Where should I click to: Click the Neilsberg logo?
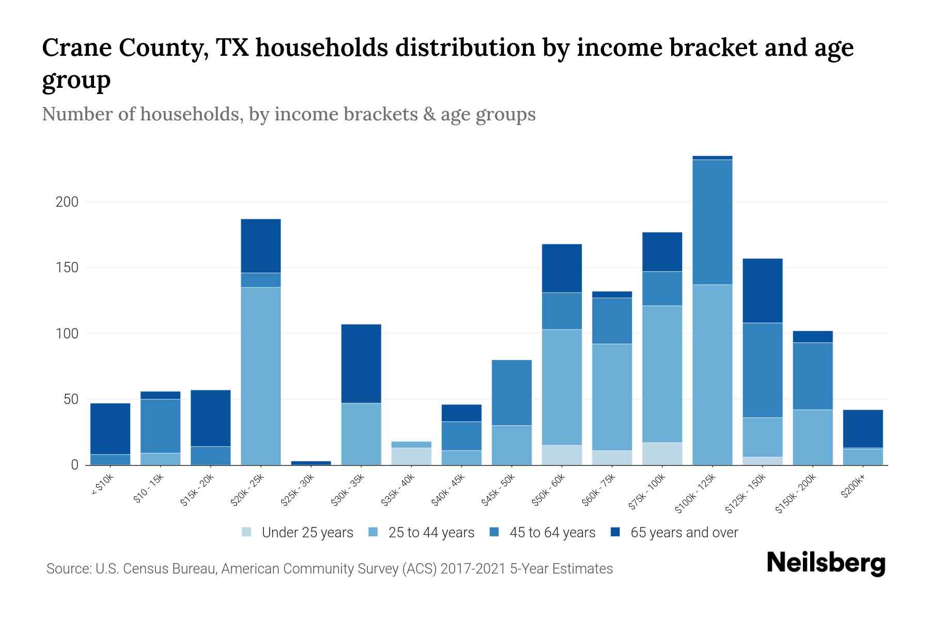coord(826,563)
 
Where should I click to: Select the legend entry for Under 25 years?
coord(298,533)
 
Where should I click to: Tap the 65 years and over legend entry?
coord(674,533)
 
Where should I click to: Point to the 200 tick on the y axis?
coord(67,202)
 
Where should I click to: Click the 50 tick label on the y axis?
coord(70,399)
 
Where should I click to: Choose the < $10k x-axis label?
coord(102,486)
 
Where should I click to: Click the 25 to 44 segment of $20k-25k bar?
coord(261,376)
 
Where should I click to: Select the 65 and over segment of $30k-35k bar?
coord(361,363)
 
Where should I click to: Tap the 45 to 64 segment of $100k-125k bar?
coord(712,222)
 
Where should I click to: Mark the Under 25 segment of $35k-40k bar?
coord(411,456)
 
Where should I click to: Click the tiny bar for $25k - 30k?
coord(311,463)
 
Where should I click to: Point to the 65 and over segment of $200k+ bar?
coord(863,429)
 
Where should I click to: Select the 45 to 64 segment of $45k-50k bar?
coord(512,393)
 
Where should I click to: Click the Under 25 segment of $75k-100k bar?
coord(662,454)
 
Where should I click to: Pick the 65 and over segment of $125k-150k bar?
coord(762,290)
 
